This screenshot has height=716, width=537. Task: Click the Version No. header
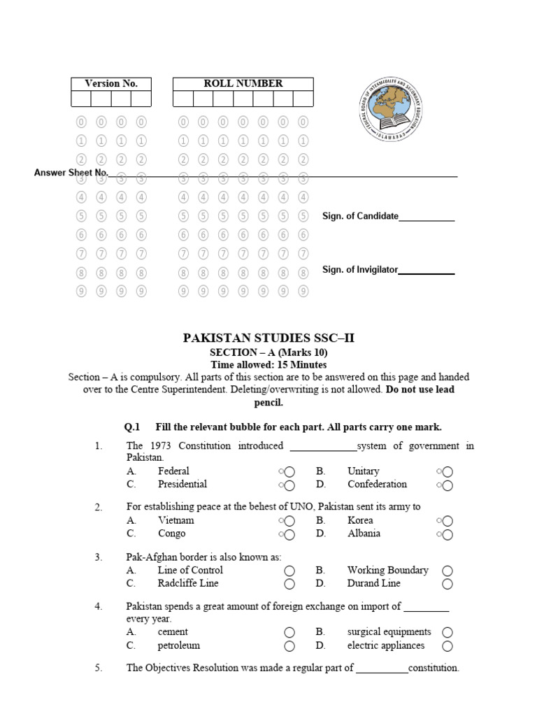coord(111,83)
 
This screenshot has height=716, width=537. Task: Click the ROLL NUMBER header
coord(243,83)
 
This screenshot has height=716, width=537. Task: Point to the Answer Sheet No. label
coord(71,172)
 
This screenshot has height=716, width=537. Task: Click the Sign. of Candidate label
coord(360,216)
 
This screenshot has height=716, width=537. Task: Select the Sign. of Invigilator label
coord(359,269)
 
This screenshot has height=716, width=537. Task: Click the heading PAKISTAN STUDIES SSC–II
coord(268,338)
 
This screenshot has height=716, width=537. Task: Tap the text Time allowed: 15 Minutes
coord(268,365)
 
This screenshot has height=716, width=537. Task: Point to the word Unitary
coord(363,471)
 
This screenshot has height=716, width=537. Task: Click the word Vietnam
coord(176,520)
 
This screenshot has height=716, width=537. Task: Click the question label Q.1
coord(132,427)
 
